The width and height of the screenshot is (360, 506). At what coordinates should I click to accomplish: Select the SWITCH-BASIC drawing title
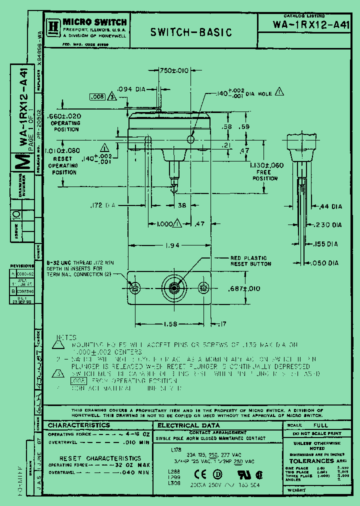click(x=191, y=32)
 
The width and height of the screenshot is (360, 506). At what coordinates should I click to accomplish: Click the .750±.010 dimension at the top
click(x=173, y=70)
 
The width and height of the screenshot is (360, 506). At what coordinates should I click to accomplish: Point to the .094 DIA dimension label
click(x=130, y=89)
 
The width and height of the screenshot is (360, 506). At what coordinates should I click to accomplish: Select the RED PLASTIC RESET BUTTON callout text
click(x=251, y=260)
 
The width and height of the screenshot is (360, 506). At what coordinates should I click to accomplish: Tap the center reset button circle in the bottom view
click(x=173, y=288)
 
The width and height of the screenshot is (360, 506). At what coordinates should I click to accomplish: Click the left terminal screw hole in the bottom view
click(x=135, y=288)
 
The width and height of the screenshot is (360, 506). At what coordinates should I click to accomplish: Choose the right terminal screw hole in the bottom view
click(x=203, y=287)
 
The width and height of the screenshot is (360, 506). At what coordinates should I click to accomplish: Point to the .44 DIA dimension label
click(x=330, y=206)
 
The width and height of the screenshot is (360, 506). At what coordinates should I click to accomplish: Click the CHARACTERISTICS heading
click(x=79, y=425)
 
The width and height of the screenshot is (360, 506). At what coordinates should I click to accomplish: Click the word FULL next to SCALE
click(x=320, y=425)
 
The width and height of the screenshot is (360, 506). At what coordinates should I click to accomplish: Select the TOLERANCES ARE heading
click(x=318, y=460)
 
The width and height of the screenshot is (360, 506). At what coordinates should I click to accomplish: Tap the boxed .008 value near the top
click(x=98, y=96)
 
